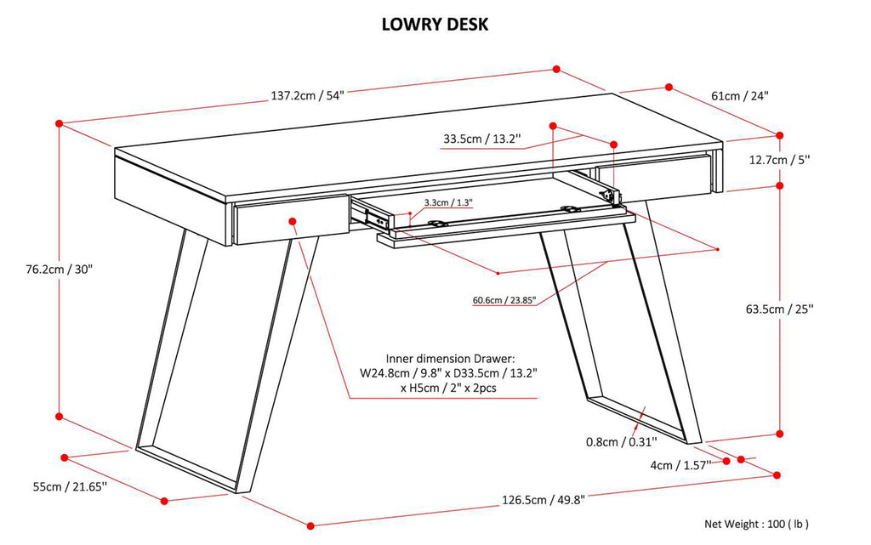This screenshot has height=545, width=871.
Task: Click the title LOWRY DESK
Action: [x=435, y=25]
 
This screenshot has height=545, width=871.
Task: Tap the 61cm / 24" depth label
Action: [x=739, y=96]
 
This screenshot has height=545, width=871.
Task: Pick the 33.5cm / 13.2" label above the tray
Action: [x=481, y=139]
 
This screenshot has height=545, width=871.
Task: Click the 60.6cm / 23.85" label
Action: [x=504, y=299]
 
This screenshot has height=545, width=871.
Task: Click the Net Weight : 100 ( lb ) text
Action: [x=755, y=524]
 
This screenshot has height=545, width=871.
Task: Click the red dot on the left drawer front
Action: [x=293, y=221]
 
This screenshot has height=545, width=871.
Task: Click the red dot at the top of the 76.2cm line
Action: [x=59, y=124]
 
